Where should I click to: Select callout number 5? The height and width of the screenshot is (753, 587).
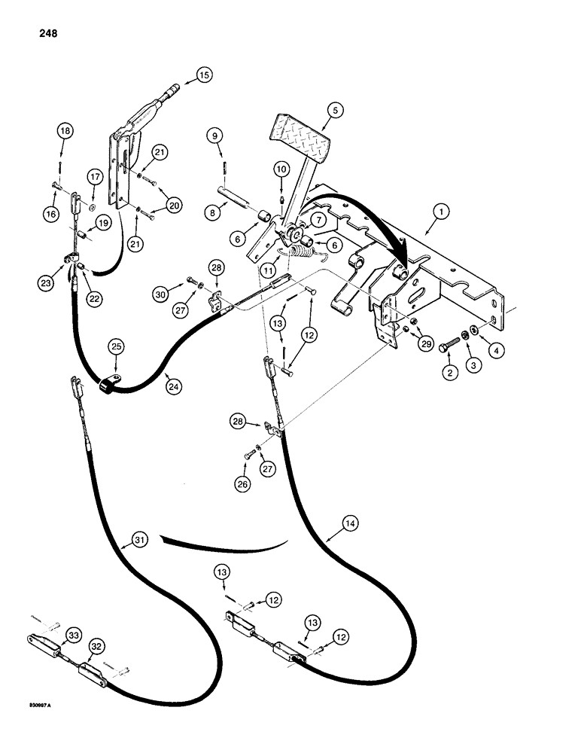pos(335,110)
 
